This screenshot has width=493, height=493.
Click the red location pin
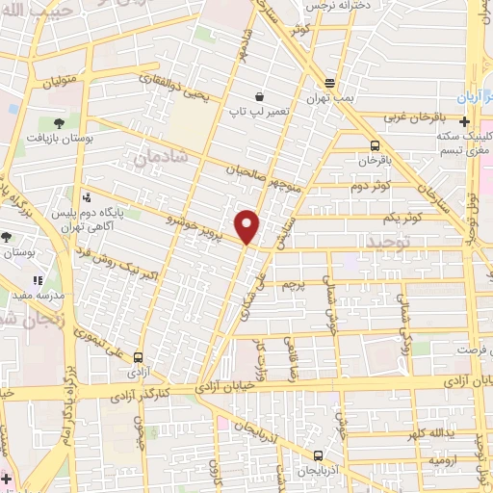247,226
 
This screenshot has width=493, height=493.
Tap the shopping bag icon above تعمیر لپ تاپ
260,96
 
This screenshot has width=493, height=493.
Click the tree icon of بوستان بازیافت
59,123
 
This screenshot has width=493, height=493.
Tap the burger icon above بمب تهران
330,84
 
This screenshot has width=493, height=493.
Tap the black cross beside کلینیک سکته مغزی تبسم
464,122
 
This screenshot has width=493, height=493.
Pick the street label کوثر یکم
402,219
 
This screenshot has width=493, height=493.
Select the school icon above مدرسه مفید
39,280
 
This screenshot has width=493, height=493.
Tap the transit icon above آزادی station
140,353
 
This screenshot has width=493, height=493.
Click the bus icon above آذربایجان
318,454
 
